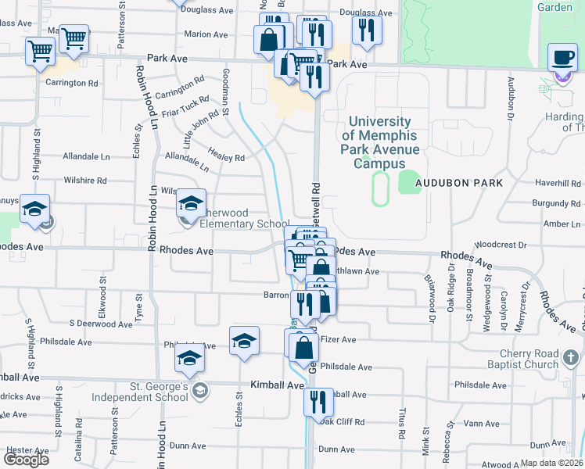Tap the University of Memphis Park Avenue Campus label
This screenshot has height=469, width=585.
379,142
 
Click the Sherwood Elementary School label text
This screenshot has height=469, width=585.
234,218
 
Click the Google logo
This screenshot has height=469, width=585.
25,460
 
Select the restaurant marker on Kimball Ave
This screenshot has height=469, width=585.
318,402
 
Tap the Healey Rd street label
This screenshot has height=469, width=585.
227,156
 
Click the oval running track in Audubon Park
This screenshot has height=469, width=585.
381,189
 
